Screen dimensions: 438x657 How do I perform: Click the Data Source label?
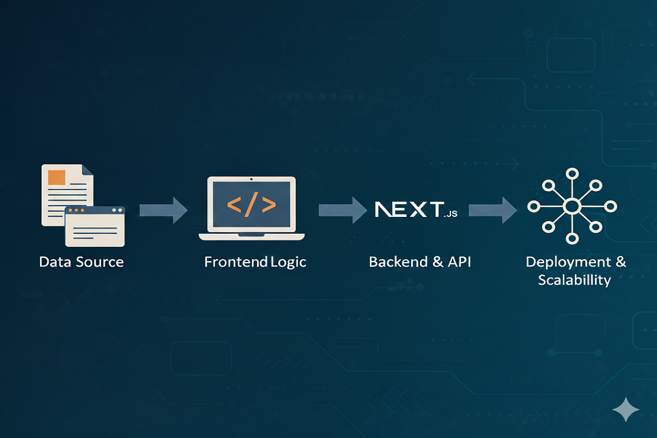81,262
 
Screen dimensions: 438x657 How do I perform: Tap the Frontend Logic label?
255,262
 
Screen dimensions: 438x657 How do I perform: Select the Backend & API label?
420,262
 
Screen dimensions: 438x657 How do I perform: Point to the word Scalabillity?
574,280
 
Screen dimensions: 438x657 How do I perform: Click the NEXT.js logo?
416,210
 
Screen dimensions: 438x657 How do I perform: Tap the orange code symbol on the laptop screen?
251,205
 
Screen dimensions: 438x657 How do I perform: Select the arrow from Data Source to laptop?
163,211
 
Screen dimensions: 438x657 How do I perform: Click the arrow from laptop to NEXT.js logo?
342,211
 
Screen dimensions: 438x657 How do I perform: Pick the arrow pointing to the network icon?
493,211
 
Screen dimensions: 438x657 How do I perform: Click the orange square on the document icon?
56,177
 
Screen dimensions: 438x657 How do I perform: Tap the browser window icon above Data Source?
95,226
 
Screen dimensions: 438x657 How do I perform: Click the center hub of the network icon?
571,206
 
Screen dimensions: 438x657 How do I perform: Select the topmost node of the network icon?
571,173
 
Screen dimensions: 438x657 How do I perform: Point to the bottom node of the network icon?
571,240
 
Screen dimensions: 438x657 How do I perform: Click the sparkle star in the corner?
626,409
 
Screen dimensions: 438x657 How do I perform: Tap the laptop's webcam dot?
252,180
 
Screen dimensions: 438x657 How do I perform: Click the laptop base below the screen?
252,236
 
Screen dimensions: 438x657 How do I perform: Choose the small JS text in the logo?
451,214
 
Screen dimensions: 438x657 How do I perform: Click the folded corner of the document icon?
87,170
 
